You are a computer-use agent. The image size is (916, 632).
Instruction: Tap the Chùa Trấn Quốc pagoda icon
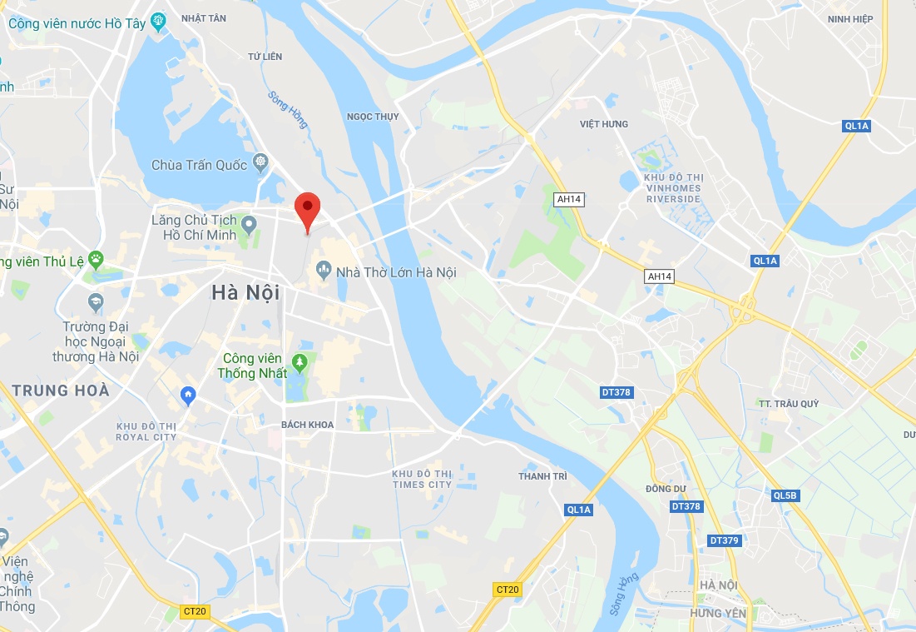[260, 161]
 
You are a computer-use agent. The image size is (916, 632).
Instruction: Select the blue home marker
[189, 395]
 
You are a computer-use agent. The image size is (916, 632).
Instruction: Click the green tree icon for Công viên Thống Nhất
[300, 362]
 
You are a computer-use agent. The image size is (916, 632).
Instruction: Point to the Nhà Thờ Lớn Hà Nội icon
[324, 270]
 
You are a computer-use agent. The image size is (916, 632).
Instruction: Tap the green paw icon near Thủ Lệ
[97, 261]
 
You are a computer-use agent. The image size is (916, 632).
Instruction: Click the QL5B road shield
[785, 496]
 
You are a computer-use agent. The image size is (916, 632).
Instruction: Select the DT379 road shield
[724, 540]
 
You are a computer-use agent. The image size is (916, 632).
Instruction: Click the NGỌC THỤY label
[373, 117]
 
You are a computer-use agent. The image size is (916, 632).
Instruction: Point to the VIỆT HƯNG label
[604, 124]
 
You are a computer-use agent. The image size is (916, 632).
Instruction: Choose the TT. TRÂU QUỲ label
[788, 404]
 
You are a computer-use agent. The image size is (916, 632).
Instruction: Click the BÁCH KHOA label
[307, 425]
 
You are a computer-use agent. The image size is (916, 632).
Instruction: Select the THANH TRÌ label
[542, 476]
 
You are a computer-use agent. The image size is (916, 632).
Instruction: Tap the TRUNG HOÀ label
[61, 390]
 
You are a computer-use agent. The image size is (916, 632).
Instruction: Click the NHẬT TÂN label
[204, 18]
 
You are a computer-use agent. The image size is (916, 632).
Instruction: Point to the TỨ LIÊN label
[265, 57]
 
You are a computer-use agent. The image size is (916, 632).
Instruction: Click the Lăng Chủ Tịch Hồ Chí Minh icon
[248, 221]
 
